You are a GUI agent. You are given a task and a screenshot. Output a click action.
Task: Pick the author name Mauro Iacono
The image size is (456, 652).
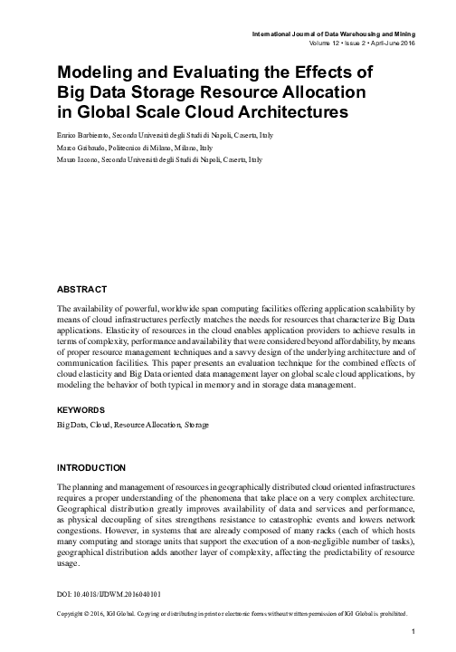pyautogui.click(x=76, y=158)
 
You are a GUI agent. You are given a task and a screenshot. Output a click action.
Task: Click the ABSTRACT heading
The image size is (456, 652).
pyautogui.click(x=81, y=289)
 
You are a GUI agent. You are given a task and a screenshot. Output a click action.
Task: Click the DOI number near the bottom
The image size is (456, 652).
pyautogui.click(x=109, y=593)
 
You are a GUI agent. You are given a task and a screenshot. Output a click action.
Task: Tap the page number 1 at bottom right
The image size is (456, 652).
pyautogui.click(x=413, y=631)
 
